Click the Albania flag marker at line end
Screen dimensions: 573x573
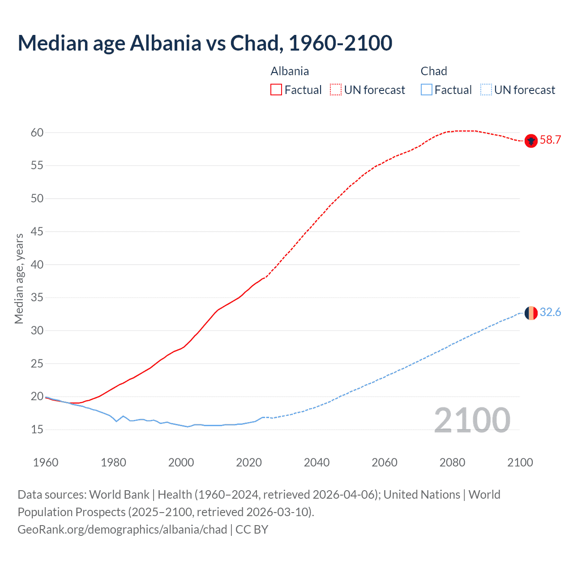coord(530,141)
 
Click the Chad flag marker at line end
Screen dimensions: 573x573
coord(530,313)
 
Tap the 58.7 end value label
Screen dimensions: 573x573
coord(550,140)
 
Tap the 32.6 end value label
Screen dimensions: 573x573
coord(550,312)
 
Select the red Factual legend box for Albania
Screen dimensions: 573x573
coord(276,90)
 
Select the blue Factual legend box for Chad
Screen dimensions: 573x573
coord(427,90)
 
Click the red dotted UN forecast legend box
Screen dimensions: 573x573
coord(336,90)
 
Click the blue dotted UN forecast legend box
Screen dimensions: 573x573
coord(486,90)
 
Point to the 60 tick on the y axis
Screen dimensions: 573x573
coord(37,133)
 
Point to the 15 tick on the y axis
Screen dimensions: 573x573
coord(37,430)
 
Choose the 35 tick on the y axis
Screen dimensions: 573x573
coord(37,298)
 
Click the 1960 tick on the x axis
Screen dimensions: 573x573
coord(46,462)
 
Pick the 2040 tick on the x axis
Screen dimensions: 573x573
coord(316,462)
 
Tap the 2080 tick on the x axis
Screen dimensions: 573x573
coord(452,462)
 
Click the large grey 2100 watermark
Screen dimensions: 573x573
coord(472,420)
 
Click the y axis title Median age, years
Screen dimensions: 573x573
coord(19,278)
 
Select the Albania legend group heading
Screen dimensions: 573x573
coord(290,71)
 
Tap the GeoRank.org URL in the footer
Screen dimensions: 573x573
coord(122,530)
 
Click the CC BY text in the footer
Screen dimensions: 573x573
coord(252,530)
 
